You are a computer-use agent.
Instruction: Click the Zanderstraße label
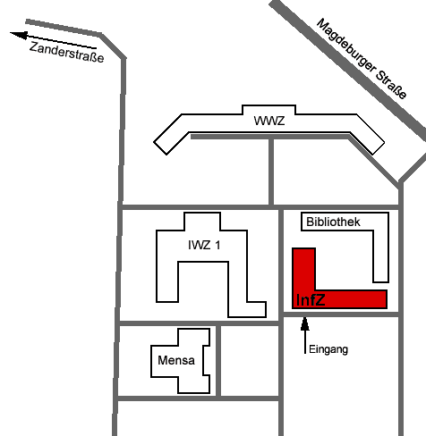67,52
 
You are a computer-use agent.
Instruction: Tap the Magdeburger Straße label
362,58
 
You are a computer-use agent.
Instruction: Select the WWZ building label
269,121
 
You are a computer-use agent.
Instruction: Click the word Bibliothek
333,222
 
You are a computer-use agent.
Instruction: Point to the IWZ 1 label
204,245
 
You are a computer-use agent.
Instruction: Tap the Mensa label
176,360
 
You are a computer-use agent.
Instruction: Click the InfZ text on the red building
311,299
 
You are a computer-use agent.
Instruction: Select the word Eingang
328,349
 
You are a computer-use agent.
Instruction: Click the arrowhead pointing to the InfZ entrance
304,323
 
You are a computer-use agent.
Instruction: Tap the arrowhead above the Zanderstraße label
19,35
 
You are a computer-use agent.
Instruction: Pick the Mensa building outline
151,361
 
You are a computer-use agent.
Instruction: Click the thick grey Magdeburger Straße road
347,66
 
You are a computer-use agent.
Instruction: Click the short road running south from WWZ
271,172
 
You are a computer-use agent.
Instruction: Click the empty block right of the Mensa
250,361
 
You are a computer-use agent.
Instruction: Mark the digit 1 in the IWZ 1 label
217,245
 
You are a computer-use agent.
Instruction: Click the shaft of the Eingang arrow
305,342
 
